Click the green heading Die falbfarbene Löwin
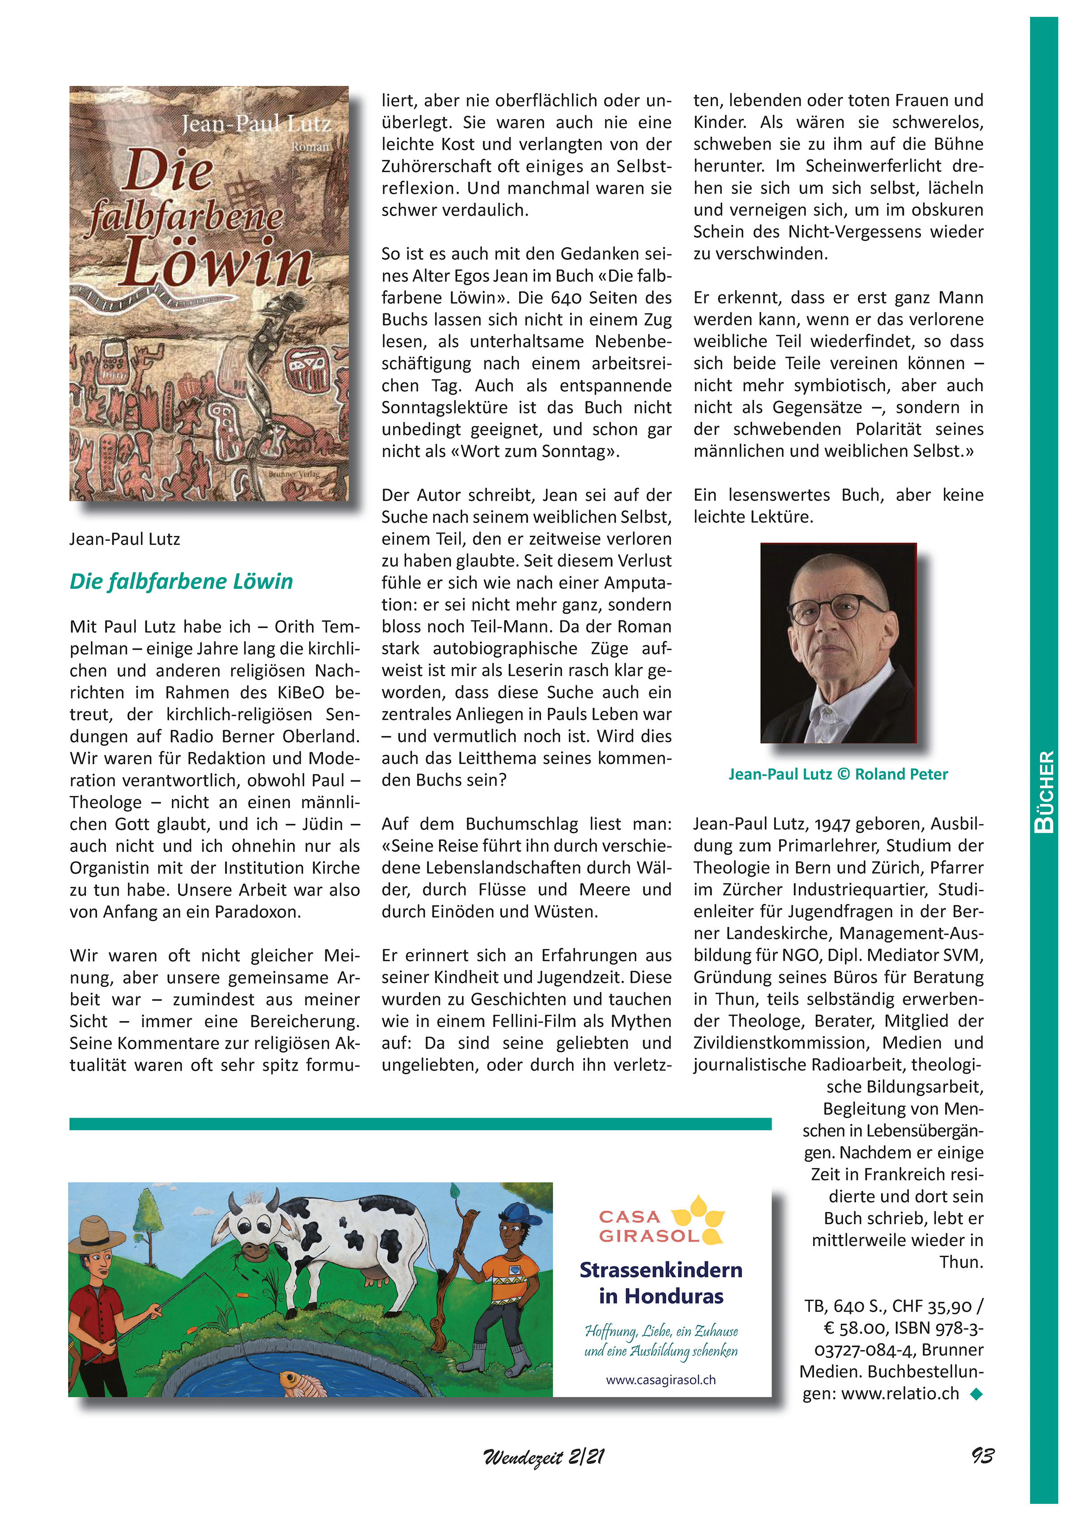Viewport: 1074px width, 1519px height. point(181,582)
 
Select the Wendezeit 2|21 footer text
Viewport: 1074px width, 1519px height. point(543,1457)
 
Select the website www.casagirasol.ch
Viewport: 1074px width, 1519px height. point(661,1380)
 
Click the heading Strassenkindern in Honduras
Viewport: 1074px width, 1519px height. point(661,1282)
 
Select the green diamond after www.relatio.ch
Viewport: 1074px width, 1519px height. point(976,1394)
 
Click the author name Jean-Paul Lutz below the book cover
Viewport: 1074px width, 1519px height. point(124,539)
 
